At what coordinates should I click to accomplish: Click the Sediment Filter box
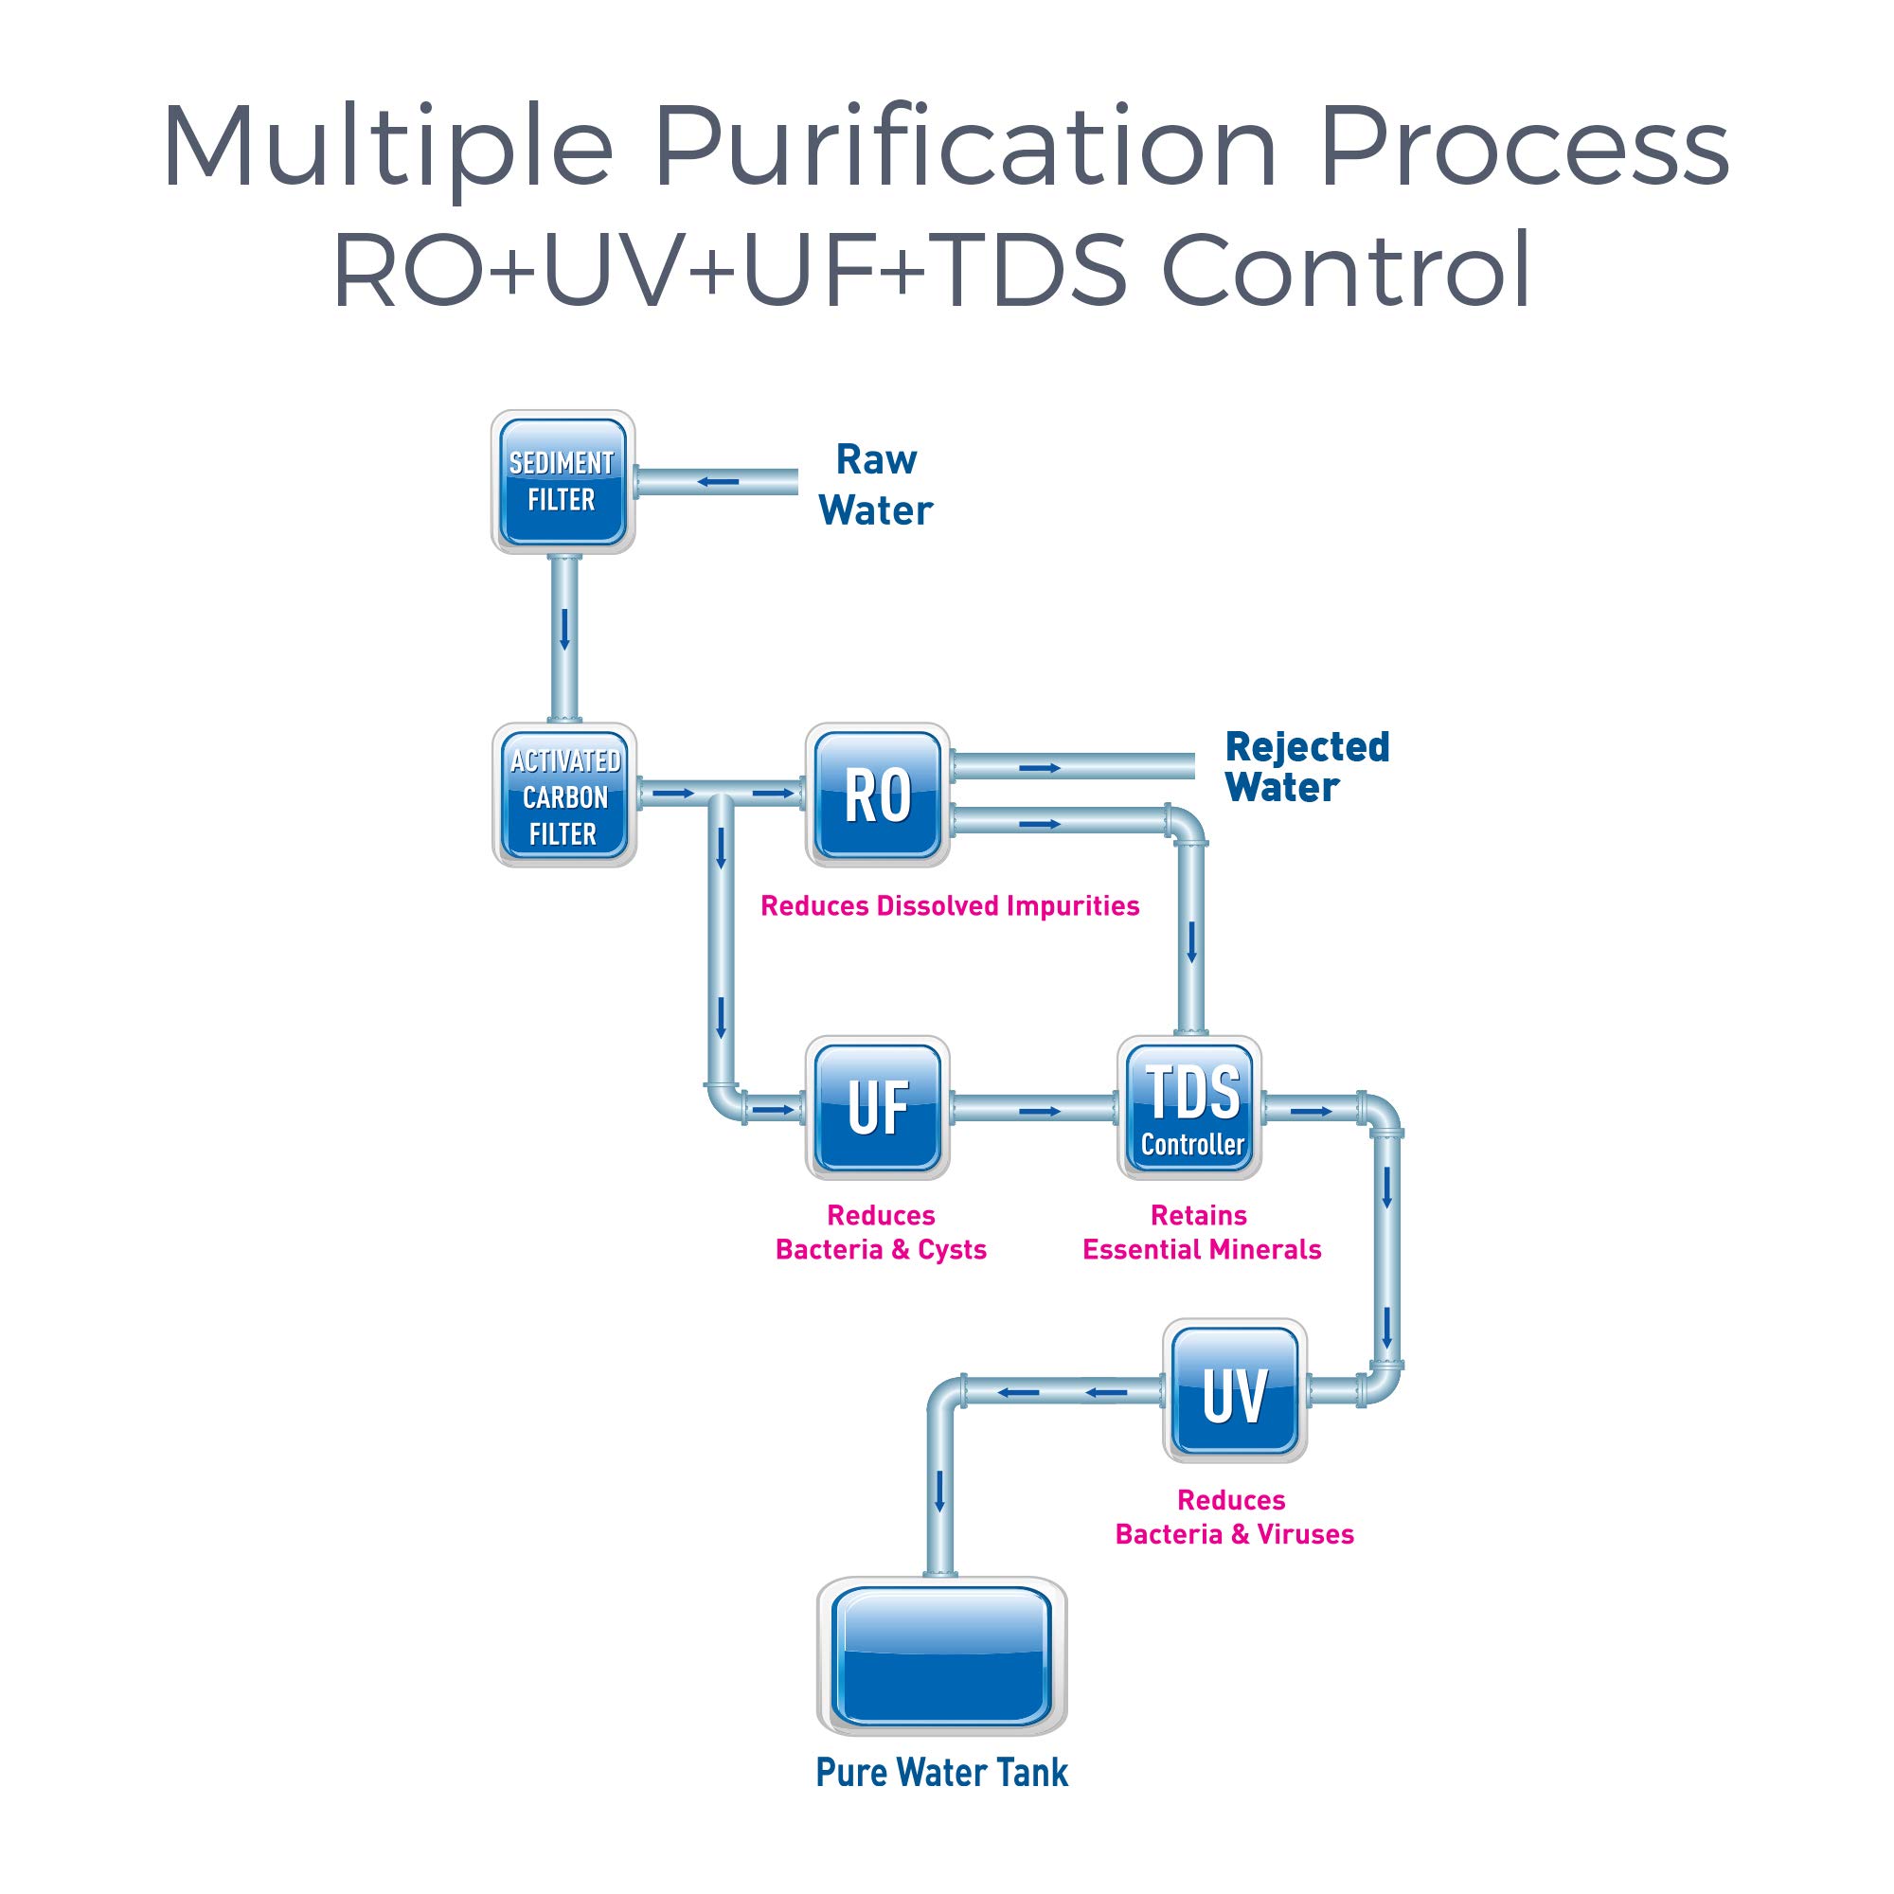coord(563,481)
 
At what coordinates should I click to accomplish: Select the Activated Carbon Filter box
coord(563,795)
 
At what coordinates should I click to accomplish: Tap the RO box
coord(878,795)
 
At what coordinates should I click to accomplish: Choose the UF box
coord(878,1108)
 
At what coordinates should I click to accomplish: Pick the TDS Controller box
coord(1190,1108)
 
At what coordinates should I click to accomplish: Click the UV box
coord(1234,1391)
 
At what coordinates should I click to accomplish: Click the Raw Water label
coord(875,485)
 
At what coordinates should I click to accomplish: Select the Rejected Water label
coord(1306,767)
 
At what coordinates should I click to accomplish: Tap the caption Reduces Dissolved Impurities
coord(949,906)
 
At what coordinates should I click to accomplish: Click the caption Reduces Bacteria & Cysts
coord(881,1232)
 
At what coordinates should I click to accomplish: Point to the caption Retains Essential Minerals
coord(1201,1232)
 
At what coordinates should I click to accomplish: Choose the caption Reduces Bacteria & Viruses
coord(1233,1516)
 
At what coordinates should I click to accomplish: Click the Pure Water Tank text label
coord(941,1773)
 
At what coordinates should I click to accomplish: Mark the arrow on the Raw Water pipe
coord(718,482)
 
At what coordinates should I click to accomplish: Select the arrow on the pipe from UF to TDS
coord(1039,1111)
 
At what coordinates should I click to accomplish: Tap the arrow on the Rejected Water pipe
coord(1039,768)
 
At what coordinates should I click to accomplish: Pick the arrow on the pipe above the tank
coord(940,1492)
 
